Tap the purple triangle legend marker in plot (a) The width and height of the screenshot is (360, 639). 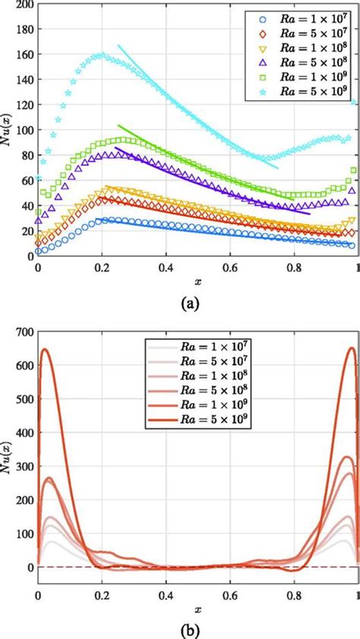coord(262,62)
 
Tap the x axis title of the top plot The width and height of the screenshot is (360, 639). coord(198,281)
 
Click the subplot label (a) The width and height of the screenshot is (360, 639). coord(189,304)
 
